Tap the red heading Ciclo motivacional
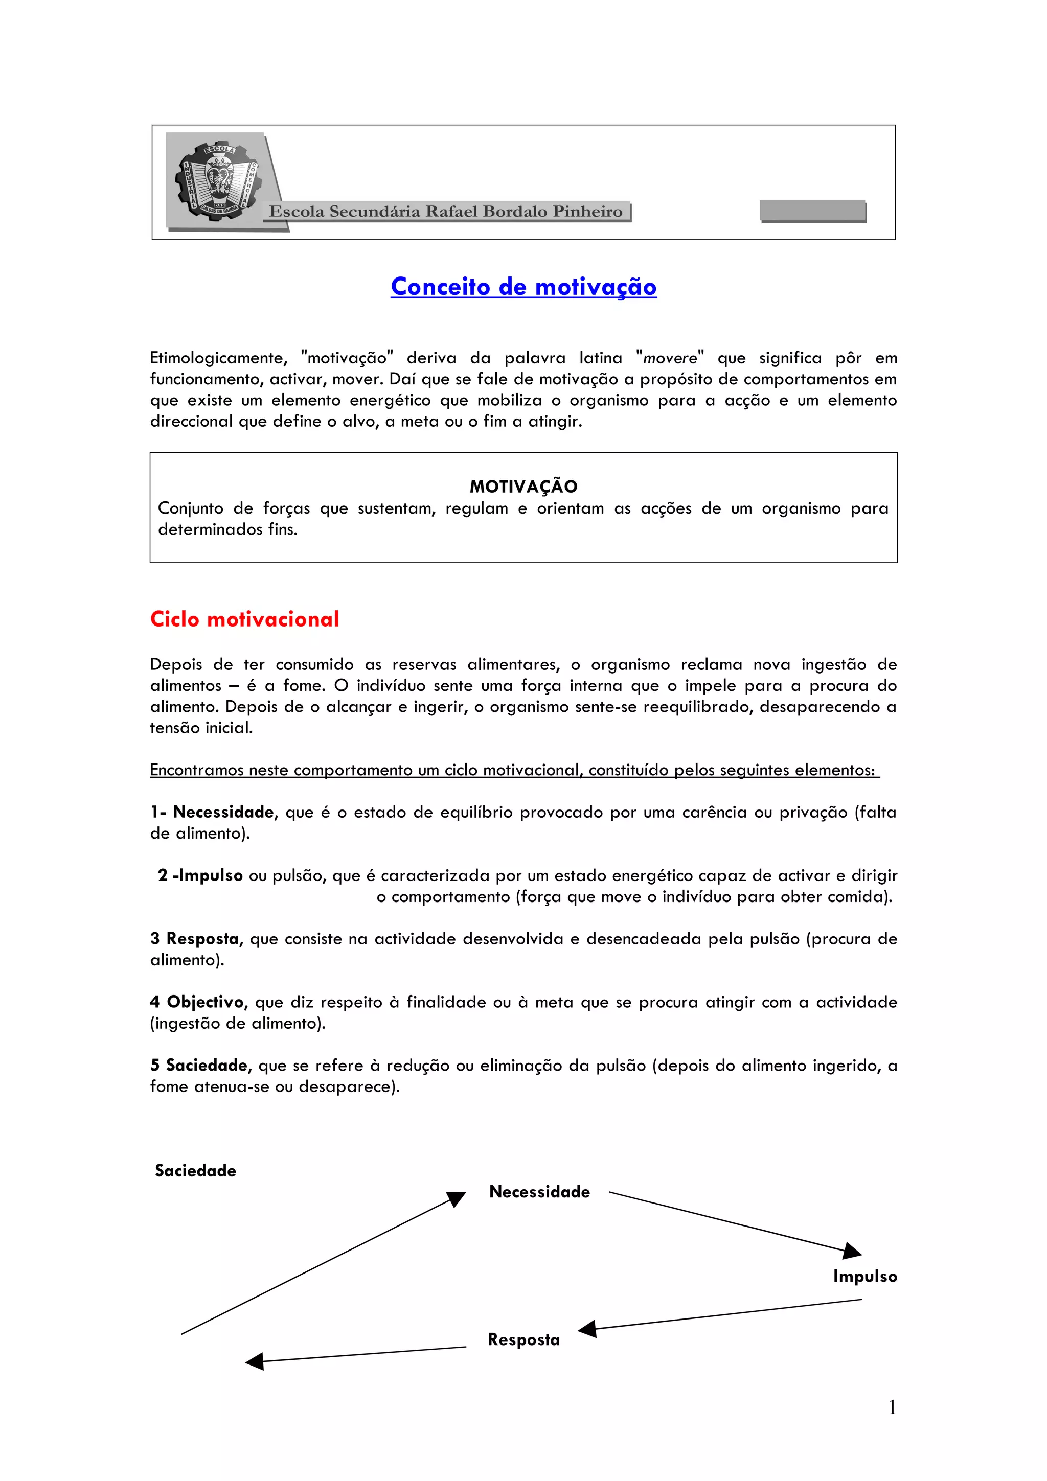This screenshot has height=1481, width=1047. click(244, 619)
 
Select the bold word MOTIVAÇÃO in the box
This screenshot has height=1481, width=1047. click(523, 487)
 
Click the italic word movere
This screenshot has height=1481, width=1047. click(670, 358)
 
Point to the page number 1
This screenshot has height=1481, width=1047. click(892, 1407)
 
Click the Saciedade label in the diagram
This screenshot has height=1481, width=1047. click(195, 1171)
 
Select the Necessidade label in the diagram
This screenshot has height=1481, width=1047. click(539, 1191)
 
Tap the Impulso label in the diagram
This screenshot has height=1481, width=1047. click(864, 1276)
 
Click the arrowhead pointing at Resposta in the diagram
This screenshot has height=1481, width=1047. click(587, 1329)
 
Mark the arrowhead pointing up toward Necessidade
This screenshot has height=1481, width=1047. click(456, 1198)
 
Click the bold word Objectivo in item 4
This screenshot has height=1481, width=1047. click(207, 1002)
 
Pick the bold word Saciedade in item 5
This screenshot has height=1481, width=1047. click(207, 1065)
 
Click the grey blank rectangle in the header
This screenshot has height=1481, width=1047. click(813, 211)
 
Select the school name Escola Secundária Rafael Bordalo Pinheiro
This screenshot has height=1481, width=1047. click(446, 212)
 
